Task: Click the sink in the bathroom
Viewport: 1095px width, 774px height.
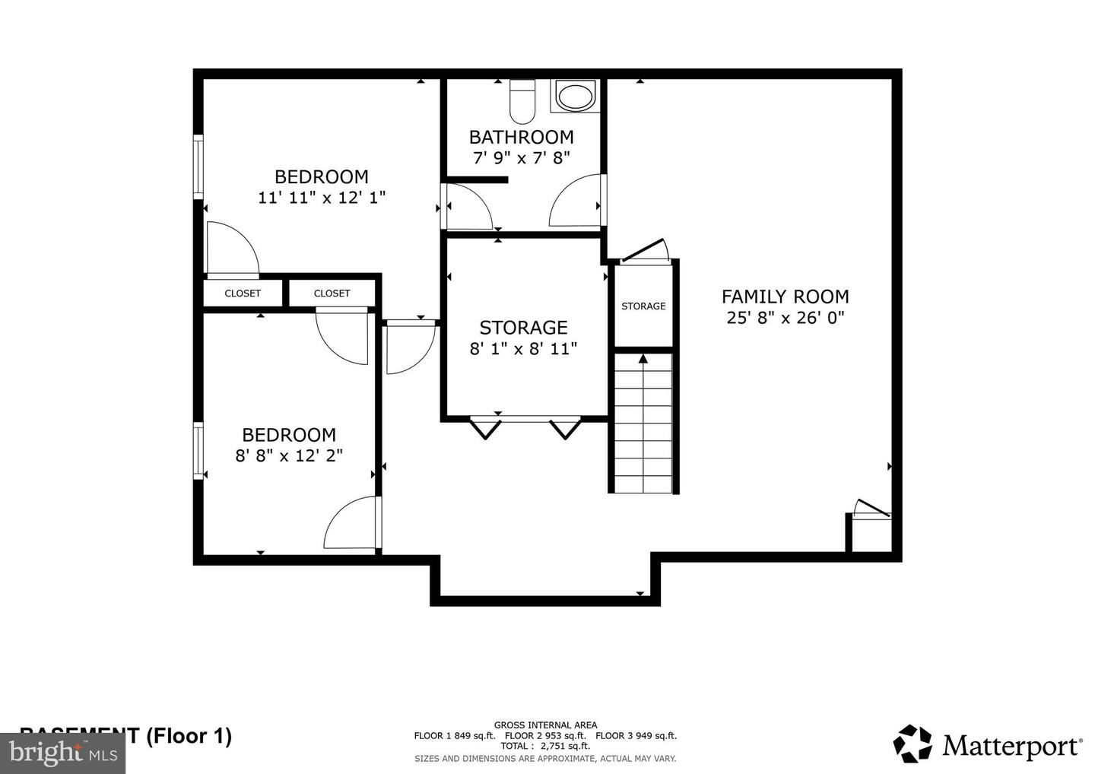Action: coord(575,97)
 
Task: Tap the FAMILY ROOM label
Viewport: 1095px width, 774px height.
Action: coord(785,297)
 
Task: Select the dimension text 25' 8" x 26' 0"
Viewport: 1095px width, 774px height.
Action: coord(786,318)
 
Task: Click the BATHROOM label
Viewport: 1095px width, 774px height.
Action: coord(521,138)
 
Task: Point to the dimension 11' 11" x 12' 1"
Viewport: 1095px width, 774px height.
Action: coord(322,198)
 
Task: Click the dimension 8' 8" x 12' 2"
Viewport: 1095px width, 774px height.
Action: coord(289,455)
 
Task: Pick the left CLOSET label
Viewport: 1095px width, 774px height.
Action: coord(243,293)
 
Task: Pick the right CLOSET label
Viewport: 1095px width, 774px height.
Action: coord(332,293)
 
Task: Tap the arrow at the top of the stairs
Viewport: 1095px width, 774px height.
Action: coord(643,358)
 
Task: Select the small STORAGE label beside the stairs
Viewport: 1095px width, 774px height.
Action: coord(643,306)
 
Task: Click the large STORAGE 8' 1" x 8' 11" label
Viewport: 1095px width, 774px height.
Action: coord(523,338)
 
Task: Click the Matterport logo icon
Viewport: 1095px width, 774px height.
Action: coord(912,744)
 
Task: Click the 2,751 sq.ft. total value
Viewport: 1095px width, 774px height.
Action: coord(564,746)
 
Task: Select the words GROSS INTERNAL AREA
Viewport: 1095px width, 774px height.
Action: coord(545,725)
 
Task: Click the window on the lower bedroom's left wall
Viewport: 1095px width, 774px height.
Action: coord(198,450)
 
